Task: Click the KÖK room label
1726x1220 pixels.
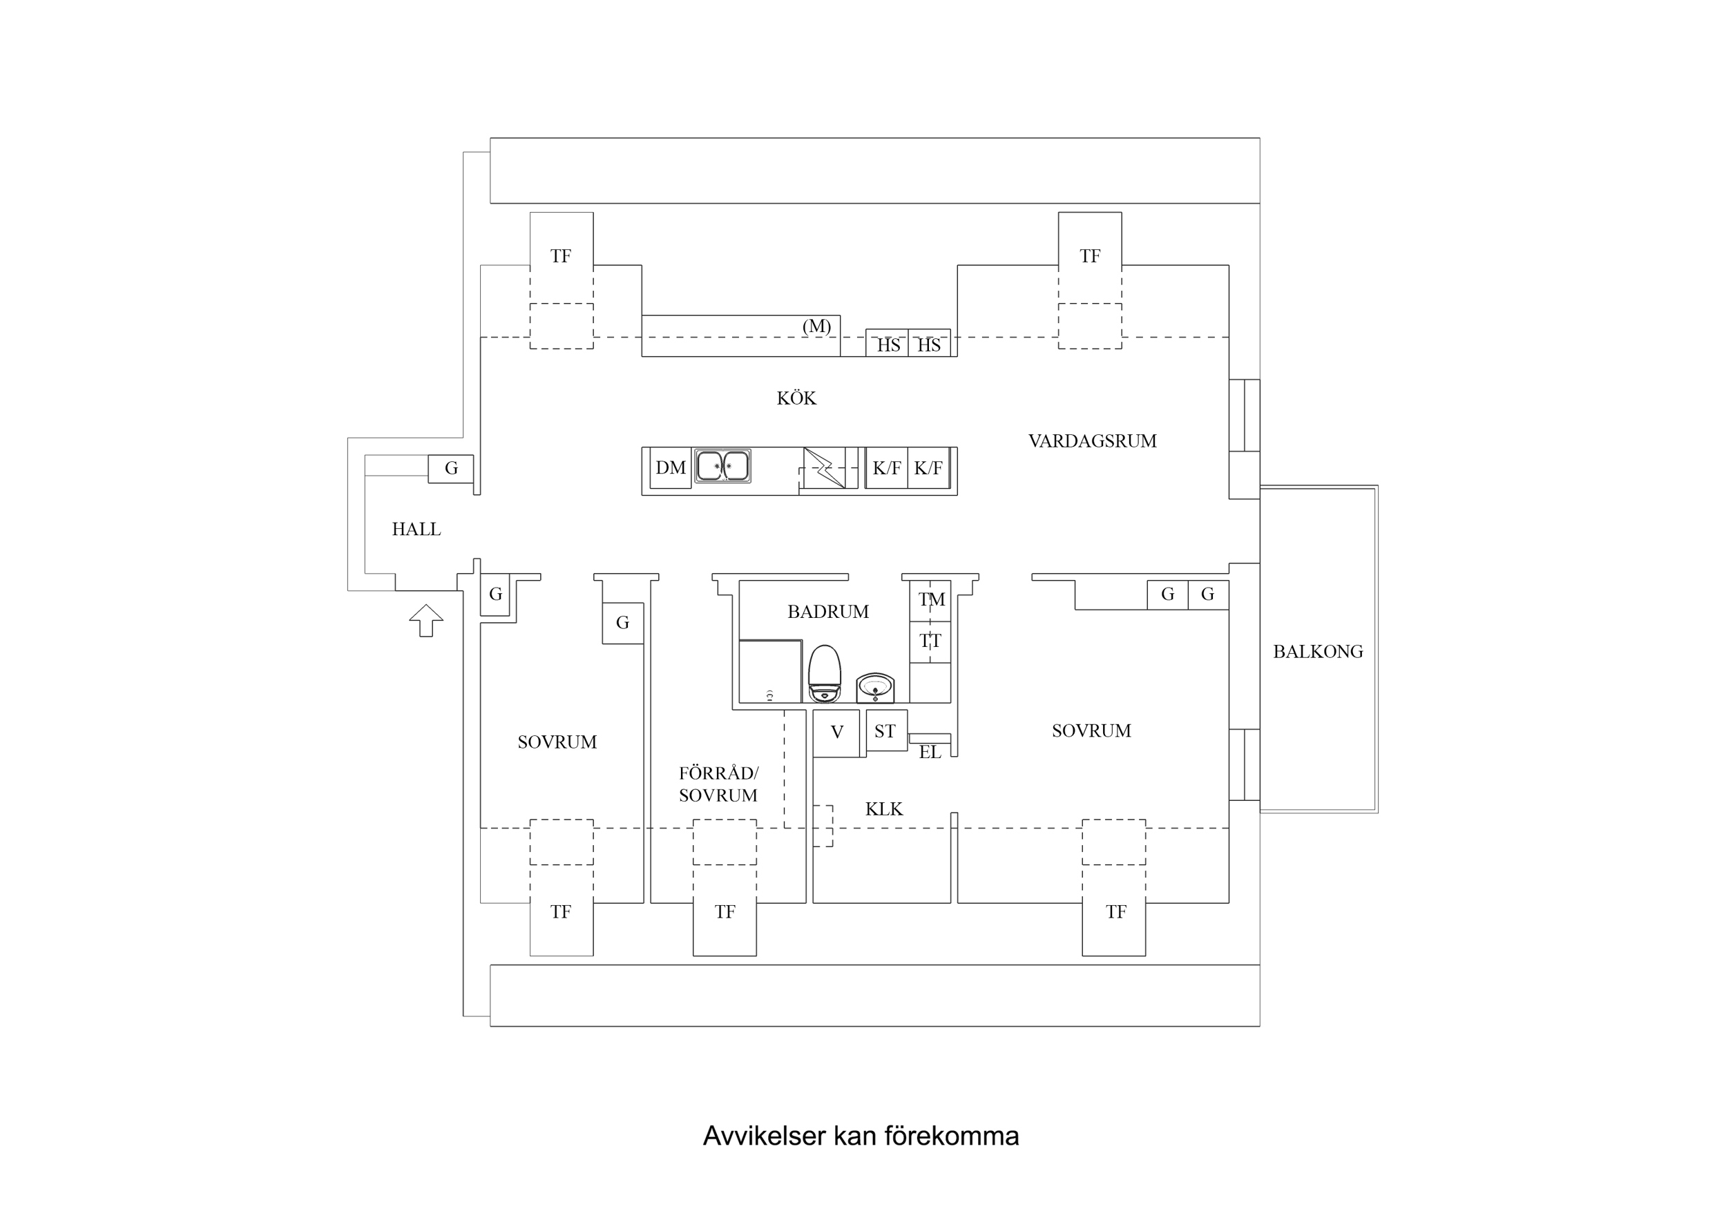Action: (x=796, y=398)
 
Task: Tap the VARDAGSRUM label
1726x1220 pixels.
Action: (x=1091, y=441)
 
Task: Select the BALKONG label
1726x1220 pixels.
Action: (x=1317, y=652)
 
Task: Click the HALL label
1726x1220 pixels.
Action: (x=416, y=529)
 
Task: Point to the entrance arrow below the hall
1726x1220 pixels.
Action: (x=426, y=620)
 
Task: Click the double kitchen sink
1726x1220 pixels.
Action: (x=722, y=466)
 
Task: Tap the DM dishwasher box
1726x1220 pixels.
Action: (x=670, y=467)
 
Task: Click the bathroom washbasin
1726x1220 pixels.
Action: (x=875, y=687)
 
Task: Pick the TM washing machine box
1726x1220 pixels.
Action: (x=930, y=600)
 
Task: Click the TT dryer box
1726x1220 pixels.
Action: (x=930, y=641)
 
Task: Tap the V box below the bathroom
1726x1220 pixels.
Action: (x=836, y=732)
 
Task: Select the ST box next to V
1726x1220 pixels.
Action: (x=885, y=730)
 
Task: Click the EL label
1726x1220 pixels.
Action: (x=929, y=753)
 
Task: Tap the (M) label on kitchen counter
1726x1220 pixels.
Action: (x=816, y=327)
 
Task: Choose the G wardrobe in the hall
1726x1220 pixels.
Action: (x=451, y=468)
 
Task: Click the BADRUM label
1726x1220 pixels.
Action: (x=827, y=612)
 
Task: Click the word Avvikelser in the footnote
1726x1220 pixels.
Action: (x=764, y=1135)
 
